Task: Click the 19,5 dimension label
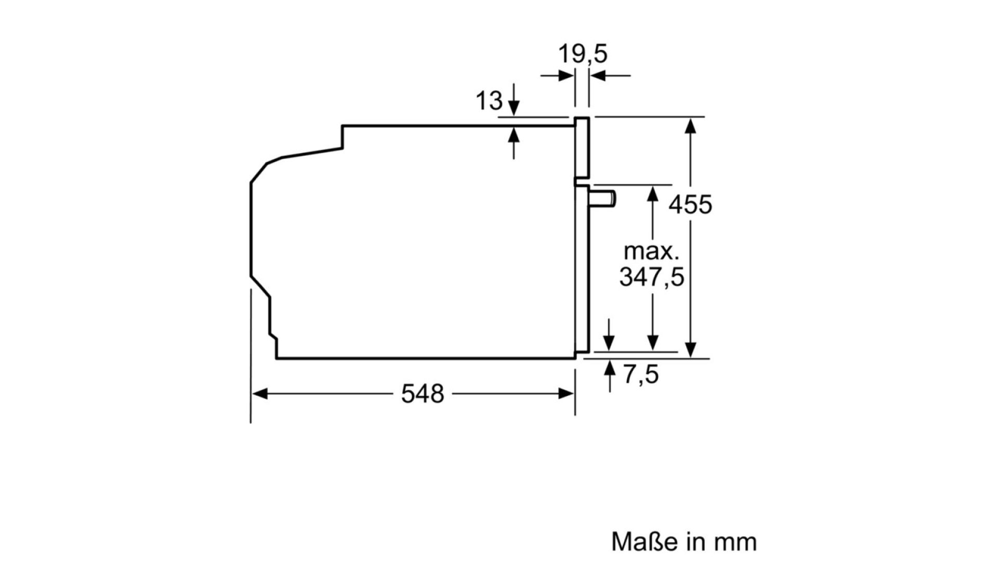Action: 582,54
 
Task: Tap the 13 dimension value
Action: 489,101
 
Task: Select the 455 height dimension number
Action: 690,205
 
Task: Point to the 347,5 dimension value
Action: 652,277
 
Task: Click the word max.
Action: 652,251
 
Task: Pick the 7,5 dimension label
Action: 641,374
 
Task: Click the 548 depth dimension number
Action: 423,394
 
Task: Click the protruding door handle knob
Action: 603,199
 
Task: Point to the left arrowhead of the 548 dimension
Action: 259,394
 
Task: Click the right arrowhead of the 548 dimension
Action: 567,394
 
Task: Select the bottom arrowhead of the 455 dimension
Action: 690,350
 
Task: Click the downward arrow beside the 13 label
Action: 514,99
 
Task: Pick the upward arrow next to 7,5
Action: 609,376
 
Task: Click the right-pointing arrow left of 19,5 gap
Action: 557,76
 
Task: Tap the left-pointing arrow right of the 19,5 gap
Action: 610,76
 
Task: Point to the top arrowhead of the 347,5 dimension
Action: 653,193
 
